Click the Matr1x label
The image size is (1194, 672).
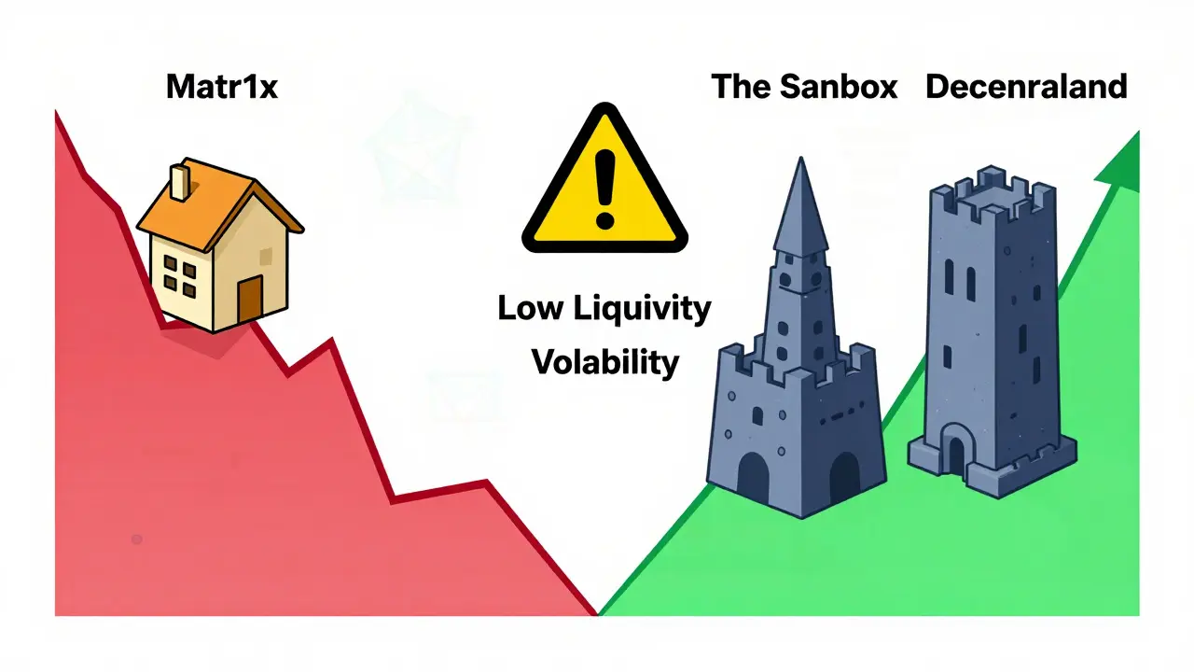pyautogui.click(x=222, y=87)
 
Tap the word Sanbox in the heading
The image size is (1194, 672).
pyautogui.click(x=839, y=87)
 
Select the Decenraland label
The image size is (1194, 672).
pyautogui.click(x=1026, y=87)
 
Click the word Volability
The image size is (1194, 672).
pyautogui.click(x=605, y=362)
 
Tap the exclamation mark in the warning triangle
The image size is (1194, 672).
pyautogui.click(x=605, y=189)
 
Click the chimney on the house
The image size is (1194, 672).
pyautogui.click(x=180, y=182)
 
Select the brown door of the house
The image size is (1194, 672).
pyautogui.click(x=250, y=300)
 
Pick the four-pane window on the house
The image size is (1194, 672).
pyautogui.click(x=180, y=275)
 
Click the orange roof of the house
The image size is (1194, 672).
pyautogui.click(x=218, y=203)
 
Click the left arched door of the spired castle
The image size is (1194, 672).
pyautogui.click(x=753, y=476)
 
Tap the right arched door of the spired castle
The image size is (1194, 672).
pyautogui.click(x=845, y=476)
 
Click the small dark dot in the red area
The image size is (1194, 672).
pyautogui.click(x=136, y=539)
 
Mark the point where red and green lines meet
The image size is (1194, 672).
pyautogui.click(x=598, y=614)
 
